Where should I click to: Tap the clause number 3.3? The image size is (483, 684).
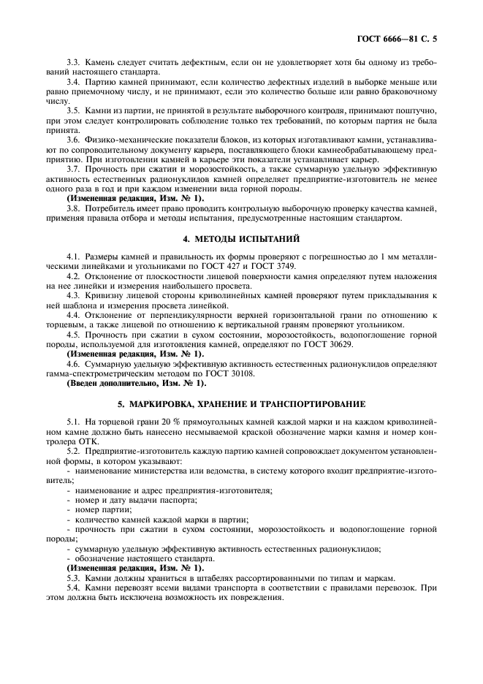pyautogui.click(x=74, y=64)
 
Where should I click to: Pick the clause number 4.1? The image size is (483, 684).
pyautogui.click(x=74, y=256)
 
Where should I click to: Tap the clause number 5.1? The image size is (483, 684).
pyautogui.click(x=74, y=422)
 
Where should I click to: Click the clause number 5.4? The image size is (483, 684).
pyautogui.click(x=74, y=587)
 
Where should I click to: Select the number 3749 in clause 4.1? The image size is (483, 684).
pyautogui.click(x=264, y=266)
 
